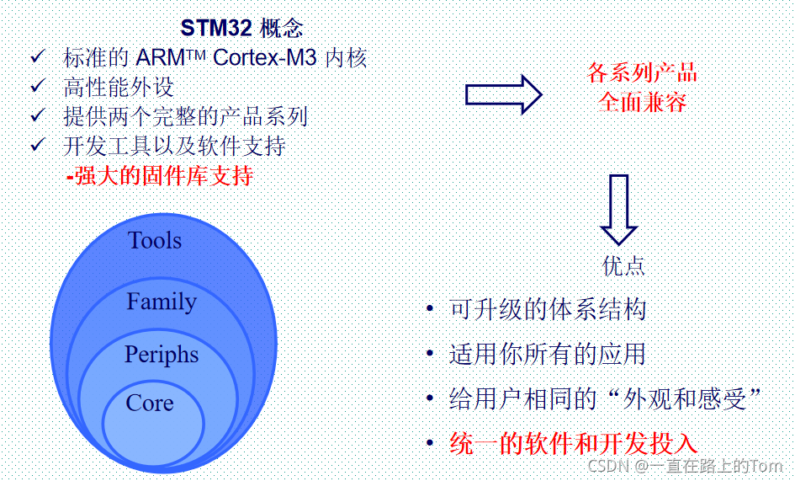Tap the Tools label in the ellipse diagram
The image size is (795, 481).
155,241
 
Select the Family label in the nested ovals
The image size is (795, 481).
162,302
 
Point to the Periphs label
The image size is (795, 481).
162,355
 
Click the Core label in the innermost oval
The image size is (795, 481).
150,404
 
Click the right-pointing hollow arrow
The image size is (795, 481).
504,94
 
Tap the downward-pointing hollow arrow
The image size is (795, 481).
619,210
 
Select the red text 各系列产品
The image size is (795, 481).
643,73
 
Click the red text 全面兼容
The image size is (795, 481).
643,103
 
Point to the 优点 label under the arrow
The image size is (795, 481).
623,266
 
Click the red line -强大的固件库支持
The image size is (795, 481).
160,176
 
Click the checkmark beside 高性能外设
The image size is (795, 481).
37,86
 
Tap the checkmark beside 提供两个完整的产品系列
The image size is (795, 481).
37,115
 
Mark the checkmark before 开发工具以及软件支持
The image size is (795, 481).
37,145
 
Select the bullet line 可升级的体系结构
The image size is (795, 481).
548,309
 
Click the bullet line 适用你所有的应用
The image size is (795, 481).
548,354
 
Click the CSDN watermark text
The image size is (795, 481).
610,466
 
